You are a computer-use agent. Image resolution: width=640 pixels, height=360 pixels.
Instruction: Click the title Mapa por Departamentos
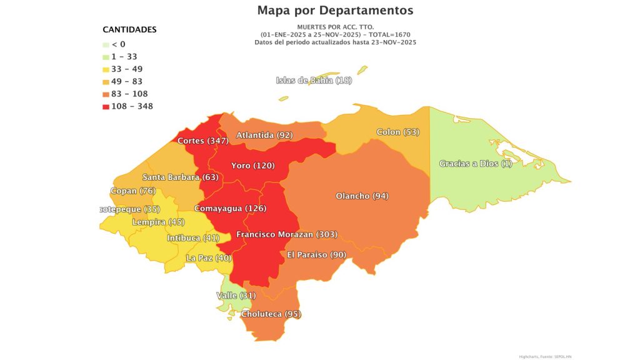point(335,11)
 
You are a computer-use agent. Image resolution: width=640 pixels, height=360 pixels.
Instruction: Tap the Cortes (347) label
point(202,141)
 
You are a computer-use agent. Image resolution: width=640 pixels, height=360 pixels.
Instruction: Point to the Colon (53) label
point(397,132)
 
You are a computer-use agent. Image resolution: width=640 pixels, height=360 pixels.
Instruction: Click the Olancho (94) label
point(362,196)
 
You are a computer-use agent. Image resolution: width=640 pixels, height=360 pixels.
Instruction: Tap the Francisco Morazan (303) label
point(287,234)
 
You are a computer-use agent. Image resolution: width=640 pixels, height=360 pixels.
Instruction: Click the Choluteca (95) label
point(271,314)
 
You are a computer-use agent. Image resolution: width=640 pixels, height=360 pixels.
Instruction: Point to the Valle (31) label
point(236,295)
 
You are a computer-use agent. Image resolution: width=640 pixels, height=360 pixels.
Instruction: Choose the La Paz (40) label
point(209,257)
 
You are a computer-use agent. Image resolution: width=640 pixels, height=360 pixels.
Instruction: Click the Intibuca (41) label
point(193,238)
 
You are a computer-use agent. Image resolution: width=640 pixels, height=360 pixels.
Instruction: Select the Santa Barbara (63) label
point(179,177)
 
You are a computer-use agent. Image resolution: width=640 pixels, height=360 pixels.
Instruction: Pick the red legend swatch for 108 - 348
point(106,106)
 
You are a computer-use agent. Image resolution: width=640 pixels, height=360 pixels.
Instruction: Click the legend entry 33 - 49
point(127,69)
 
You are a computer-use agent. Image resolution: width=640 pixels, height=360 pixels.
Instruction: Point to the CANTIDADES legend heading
point(129,29)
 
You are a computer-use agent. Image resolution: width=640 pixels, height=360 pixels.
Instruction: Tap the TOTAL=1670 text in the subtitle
point(388,34)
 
